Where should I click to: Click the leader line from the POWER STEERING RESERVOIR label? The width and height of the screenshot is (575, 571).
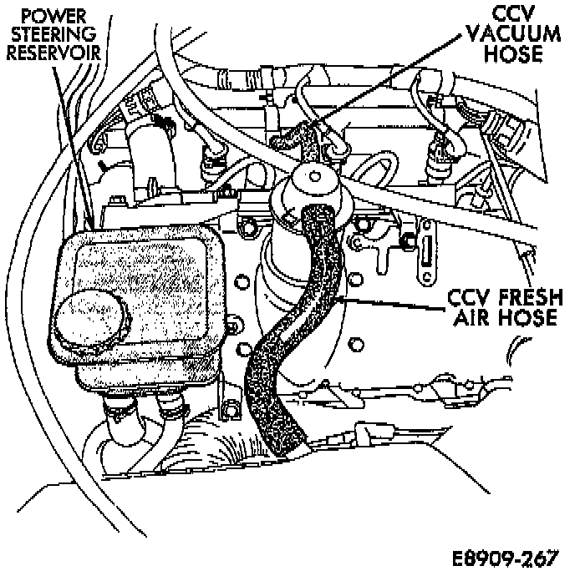point(71,142)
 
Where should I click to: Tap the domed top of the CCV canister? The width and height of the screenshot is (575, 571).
point(311,179)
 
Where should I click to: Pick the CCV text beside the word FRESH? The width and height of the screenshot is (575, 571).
point(471,298)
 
